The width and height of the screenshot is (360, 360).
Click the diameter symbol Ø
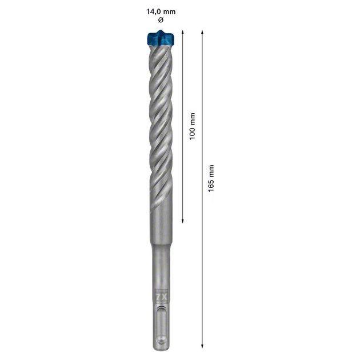click(160, 20)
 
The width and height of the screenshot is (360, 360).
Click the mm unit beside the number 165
click(211, 170)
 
